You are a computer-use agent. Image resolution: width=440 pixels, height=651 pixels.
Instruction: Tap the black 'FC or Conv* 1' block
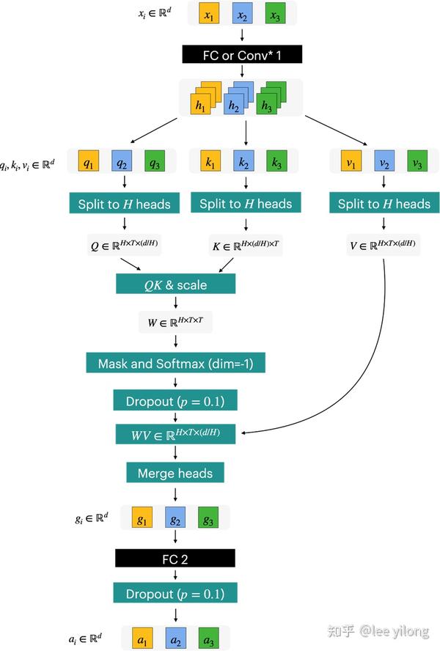tap(242, 54)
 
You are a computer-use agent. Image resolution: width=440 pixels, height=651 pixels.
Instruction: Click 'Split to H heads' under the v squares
tap(384, 203)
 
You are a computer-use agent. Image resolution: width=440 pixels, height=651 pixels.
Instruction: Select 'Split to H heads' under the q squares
tap(124, 203)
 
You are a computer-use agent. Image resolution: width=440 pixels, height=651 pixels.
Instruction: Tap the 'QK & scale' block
tap(176, 284)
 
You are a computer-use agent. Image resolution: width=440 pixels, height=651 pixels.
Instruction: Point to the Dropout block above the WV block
tap(175, 400)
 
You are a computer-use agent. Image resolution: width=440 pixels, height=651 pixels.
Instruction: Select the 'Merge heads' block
tap(175, 473)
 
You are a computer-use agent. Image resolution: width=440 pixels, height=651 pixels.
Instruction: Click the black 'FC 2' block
tap(175, 559)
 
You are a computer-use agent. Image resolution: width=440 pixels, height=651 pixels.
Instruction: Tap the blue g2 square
tap(176, 520)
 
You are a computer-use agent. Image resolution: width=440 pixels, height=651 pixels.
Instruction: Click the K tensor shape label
tap(246, 246)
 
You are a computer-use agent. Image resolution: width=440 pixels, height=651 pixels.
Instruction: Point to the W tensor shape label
tap(175, 323)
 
